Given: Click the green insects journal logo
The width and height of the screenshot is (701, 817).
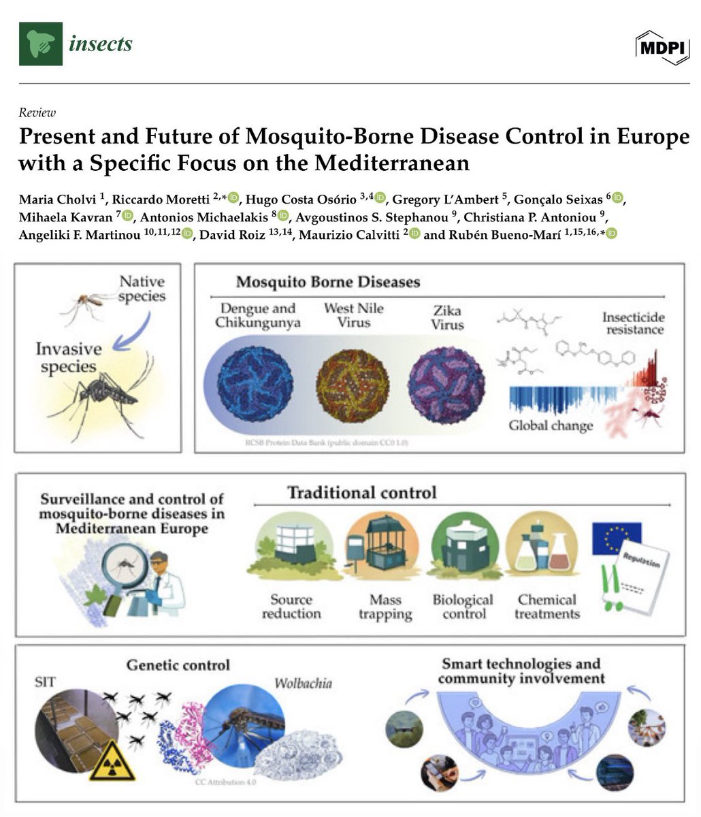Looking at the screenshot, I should coord(41,44).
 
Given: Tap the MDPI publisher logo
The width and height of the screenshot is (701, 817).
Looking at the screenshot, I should coord(662,46).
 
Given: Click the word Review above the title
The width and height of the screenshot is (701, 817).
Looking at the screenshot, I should coord(37,113).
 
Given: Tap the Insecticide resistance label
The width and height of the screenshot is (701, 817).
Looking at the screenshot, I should coord(632,323).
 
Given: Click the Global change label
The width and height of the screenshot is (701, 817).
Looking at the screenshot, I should coord(551,426).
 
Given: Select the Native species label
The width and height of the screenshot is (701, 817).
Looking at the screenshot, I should coord(142,288).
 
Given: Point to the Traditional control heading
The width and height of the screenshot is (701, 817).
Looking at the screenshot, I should coord(361,492).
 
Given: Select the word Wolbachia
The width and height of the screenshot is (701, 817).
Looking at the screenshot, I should coord(303,683).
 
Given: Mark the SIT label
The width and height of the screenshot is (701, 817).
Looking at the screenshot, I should coord(45,682).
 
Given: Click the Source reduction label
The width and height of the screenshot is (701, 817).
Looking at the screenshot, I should coord(291,607).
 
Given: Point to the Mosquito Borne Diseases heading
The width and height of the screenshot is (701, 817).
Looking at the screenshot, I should coord(328,281).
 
